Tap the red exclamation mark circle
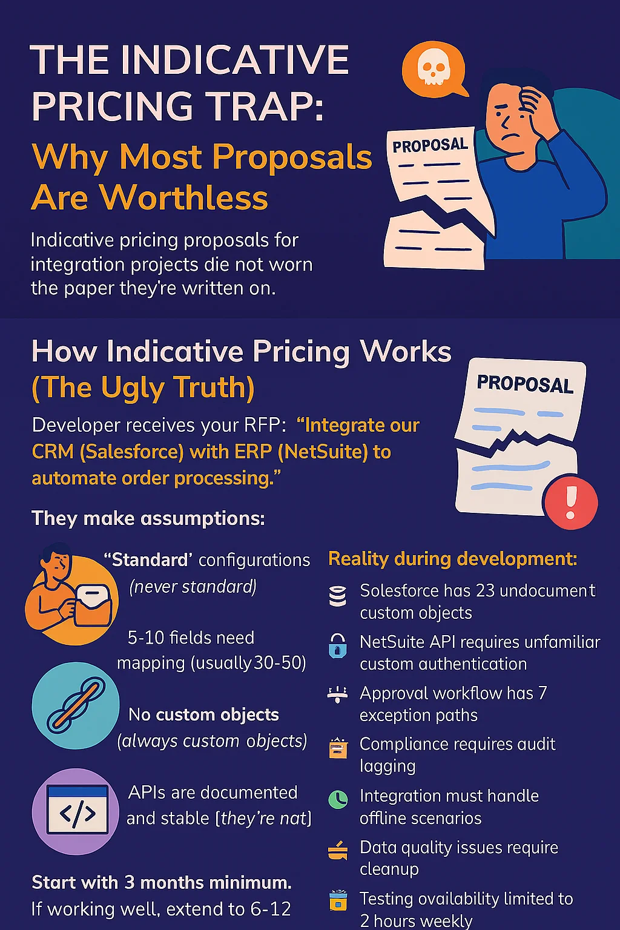click(x=570, y=502)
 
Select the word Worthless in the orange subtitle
click(x=184, y=198)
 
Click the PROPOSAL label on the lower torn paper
click(x=524, y=384)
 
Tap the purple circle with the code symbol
click(x=76, y=811)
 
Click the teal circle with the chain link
click(x=76, y=706)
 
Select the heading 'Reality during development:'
click(x=452, y=558)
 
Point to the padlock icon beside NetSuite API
click(x=337, y=646)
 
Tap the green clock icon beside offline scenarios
click(x=338, y=799)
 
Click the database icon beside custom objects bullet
click(x=337, y=596)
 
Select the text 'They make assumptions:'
click(x=148, y=518)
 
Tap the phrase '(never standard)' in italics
click(x=193, y=587)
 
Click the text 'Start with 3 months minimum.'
click(x=162, y=882)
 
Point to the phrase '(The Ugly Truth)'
click(x=143, y=387)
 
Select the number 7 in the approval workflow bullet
click(x=542, y=693)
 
